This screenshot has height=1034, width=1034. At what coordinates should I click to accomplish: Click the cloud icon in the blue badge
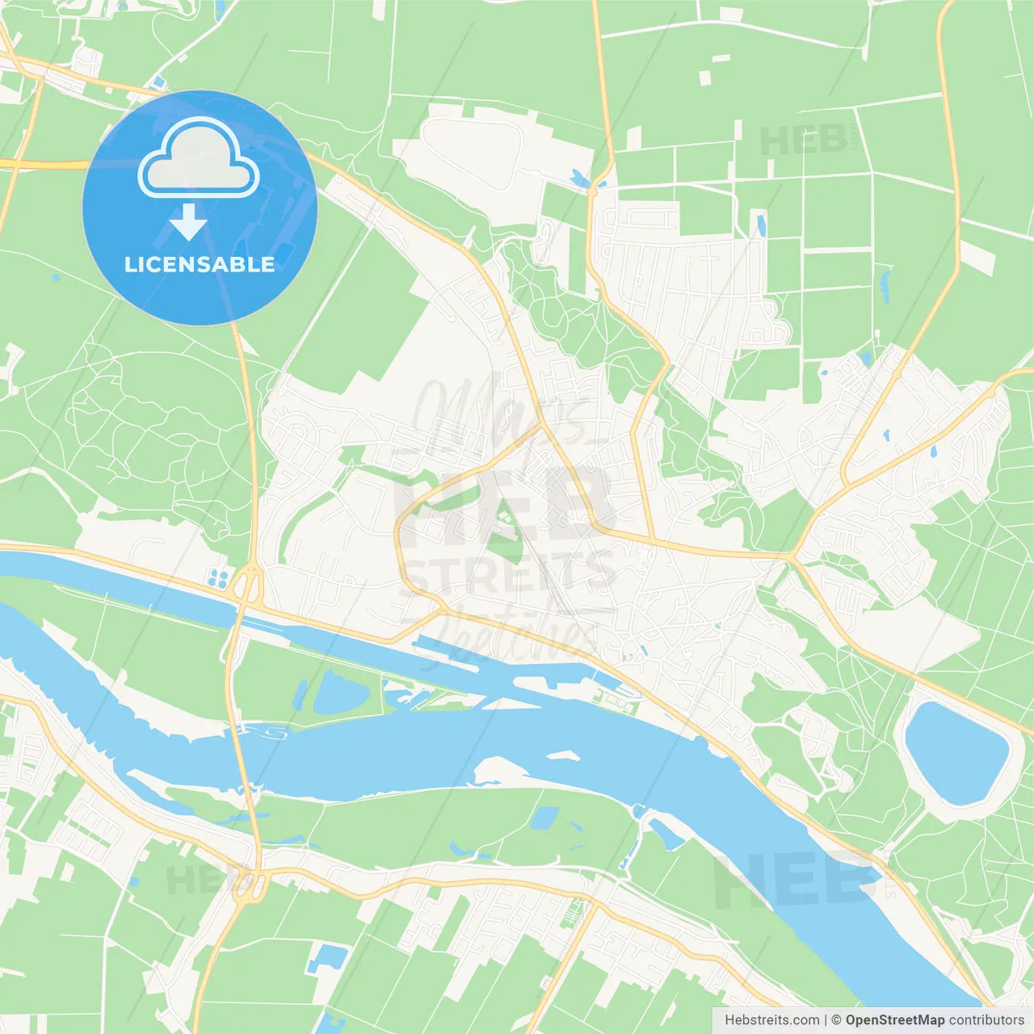point(199,159)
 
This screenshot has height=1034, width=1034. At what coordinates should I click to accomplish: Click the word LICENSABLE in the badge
point(200,264)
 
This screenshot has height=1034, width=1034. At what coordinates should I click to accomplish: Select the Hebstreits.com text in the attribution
point(772,1020)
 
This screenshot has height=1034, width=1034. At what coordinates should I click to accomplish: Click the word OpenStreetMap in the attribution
point(895,1020)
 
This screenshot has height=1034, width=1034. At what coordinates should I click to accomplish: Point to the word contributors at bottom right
point(986,1020)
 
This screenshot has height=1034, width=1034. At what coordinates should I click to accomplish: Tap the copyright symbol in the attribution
point(836,1020)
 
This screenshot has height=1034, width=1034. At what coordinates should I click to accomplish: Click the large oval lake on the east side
point(956,753)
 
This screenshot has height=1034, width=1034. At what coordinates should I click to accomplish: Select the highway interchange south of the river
point(252,884)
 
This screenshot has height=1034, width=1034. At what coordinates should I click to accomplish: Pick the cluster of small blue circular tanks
point(218,578)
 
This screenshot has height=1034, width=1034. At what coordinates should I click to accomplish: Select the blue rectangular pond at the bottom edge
point(328,958)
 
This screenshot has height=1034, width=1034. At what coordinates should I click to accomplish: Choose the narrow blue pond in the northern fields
point(759,224)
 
